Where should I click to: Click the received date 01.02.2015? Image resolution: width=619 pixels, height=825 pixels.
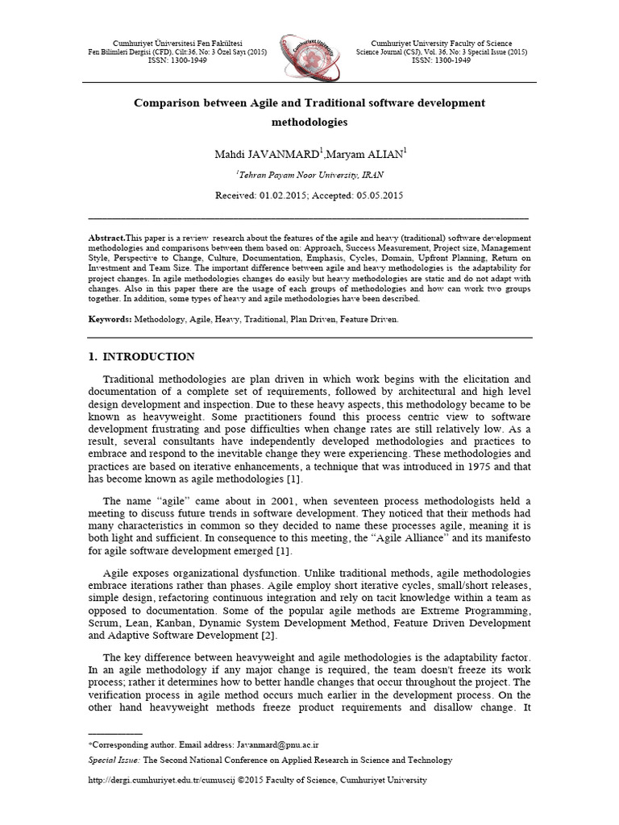284,195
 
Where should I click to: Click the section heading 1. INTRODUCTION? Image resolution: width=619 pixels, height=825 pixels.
140,357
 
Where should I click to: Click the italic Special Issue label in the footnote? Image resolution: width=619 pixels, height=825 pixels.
114,760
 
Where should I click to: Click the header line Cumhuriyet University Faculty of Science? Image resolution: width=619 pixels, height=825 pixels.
441,44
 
